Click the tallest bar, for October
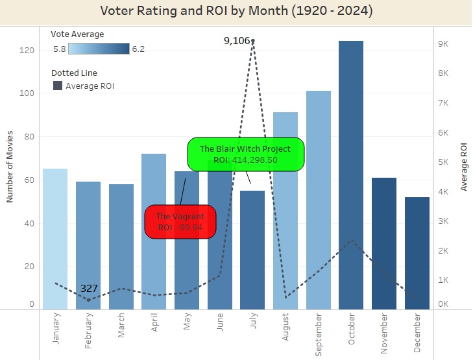pos(351,175)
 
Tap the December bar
pos(417,253)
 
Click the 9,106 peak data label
pos(236,41)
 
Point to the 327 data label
pos(89,288)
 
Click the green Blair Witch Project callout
pos(245,154)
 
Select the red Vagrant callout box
pos(180,222)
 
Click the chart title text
pos(237,11)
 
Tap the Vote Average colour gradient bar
pos(98,48)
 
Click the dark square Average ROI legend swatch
pos(57,86)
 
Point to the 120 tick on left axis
pos(27,49)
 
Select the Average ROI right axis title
pos(464,167)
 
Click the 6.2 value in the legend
pos(138,48)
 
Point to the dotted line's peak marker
pos(252,41)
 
